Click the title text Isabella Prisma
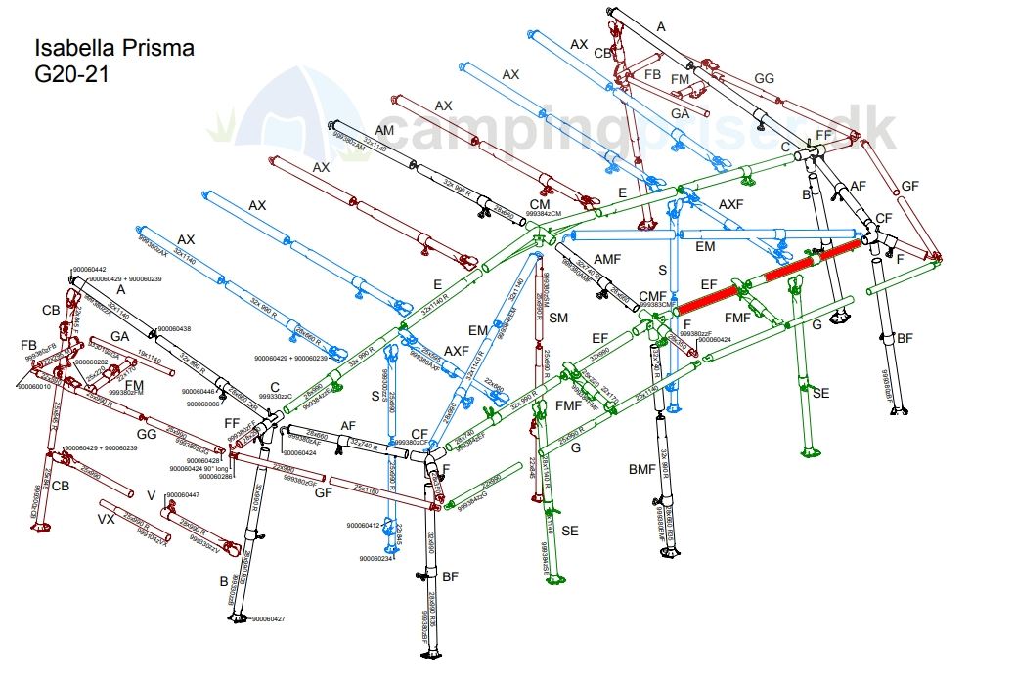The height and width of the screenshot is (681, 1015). (x=114, y=48)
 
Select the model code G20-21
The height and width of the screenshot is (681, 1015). (x=71, y=74)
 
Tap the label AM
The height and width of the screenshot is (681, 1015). (x=384, y=130)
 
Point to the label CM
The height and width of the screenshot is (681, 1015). (x=540, y=203)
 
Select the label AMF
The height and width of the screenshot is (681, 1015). (x=607, y=258)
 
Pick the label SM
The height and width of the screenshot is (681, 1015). (x=558, y=319)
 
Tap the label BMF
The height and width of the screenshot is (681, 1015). (x=641, y=470)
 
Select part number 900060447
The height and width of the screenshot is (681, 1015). (x=183, y=495)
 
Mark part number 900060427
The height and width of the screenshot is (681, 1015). (x=268, y=619)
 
